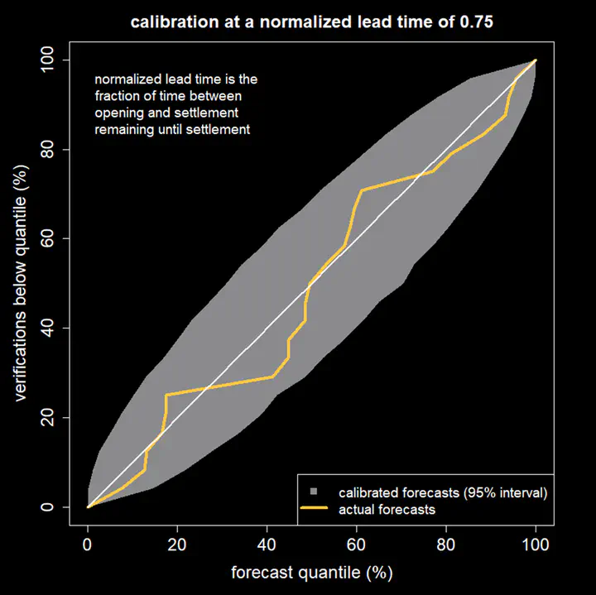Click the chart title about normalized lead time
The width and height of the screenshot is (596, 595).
coord(312,22)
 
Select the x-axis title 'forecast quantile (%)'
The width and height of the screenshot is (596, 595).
coord(311,572)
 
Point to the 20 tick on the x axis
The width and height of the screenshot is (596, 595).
coord(177,545)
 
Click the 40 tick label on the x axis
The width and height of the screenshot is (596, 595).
coord(267,545)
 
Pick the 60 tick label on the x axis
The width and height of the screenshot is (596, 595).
coord(357,545)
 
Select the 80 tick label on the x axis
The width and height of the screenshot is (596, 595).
coord(446,545)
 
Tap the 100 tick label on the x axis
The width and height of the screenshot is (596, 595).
coord(536,545)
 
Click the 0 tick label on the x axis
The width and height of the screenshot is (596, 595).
coord(88,545)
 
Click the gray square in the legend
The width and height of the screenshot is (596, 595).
coord(315,492)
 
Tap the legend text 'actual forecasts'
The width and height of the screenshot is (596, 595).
coord(387,510)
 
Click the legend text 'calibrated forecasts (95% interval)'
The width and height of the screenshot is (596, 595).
coord(443,492)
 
